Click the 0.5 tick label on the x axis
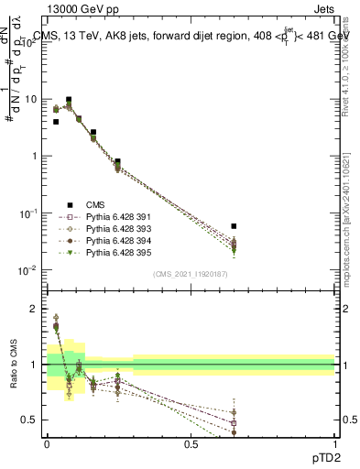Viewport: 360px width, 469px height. [x=191, y=443]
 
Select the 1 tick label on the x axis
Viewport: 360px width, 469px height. [x=334, y=443]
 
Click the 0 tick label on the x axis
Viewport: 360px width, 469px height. [x=47, y=443]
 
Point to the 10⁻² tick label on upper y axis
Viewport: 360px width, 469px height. [x=29, y=270]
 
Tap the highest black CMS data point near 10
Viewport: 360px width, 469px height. [x=69, y=100]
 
